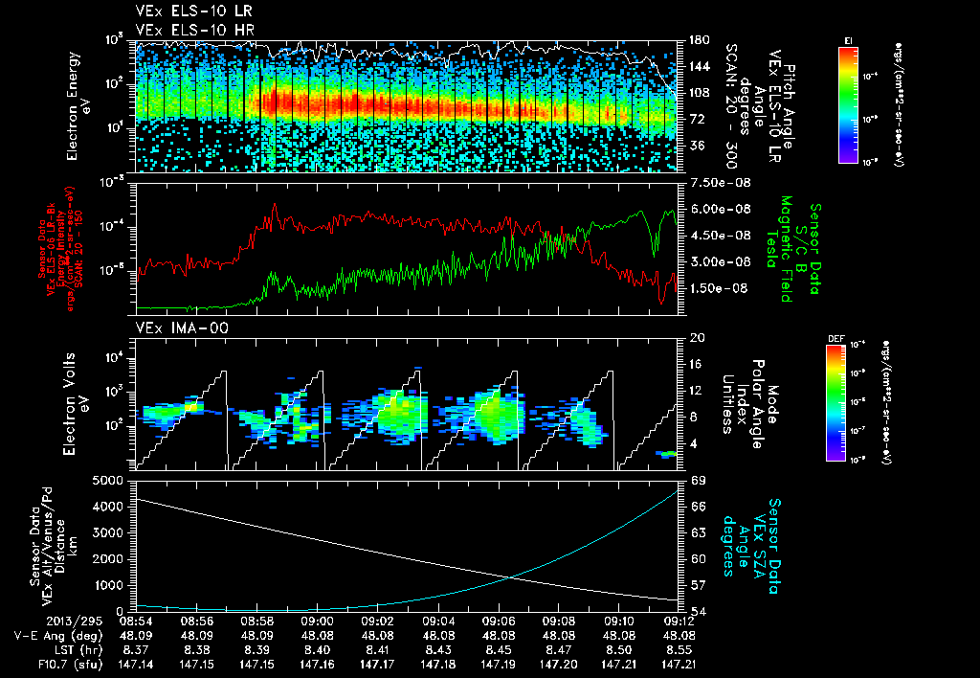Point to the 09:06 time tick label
point(499,621)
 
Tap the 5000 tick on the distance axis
point(111,480)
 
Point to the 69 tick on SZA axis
point(698,479)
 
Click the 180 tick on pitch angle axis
point(698,40)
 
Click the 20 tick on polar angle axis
point(697,339)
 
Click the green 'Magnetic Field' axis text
point(784,250)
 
